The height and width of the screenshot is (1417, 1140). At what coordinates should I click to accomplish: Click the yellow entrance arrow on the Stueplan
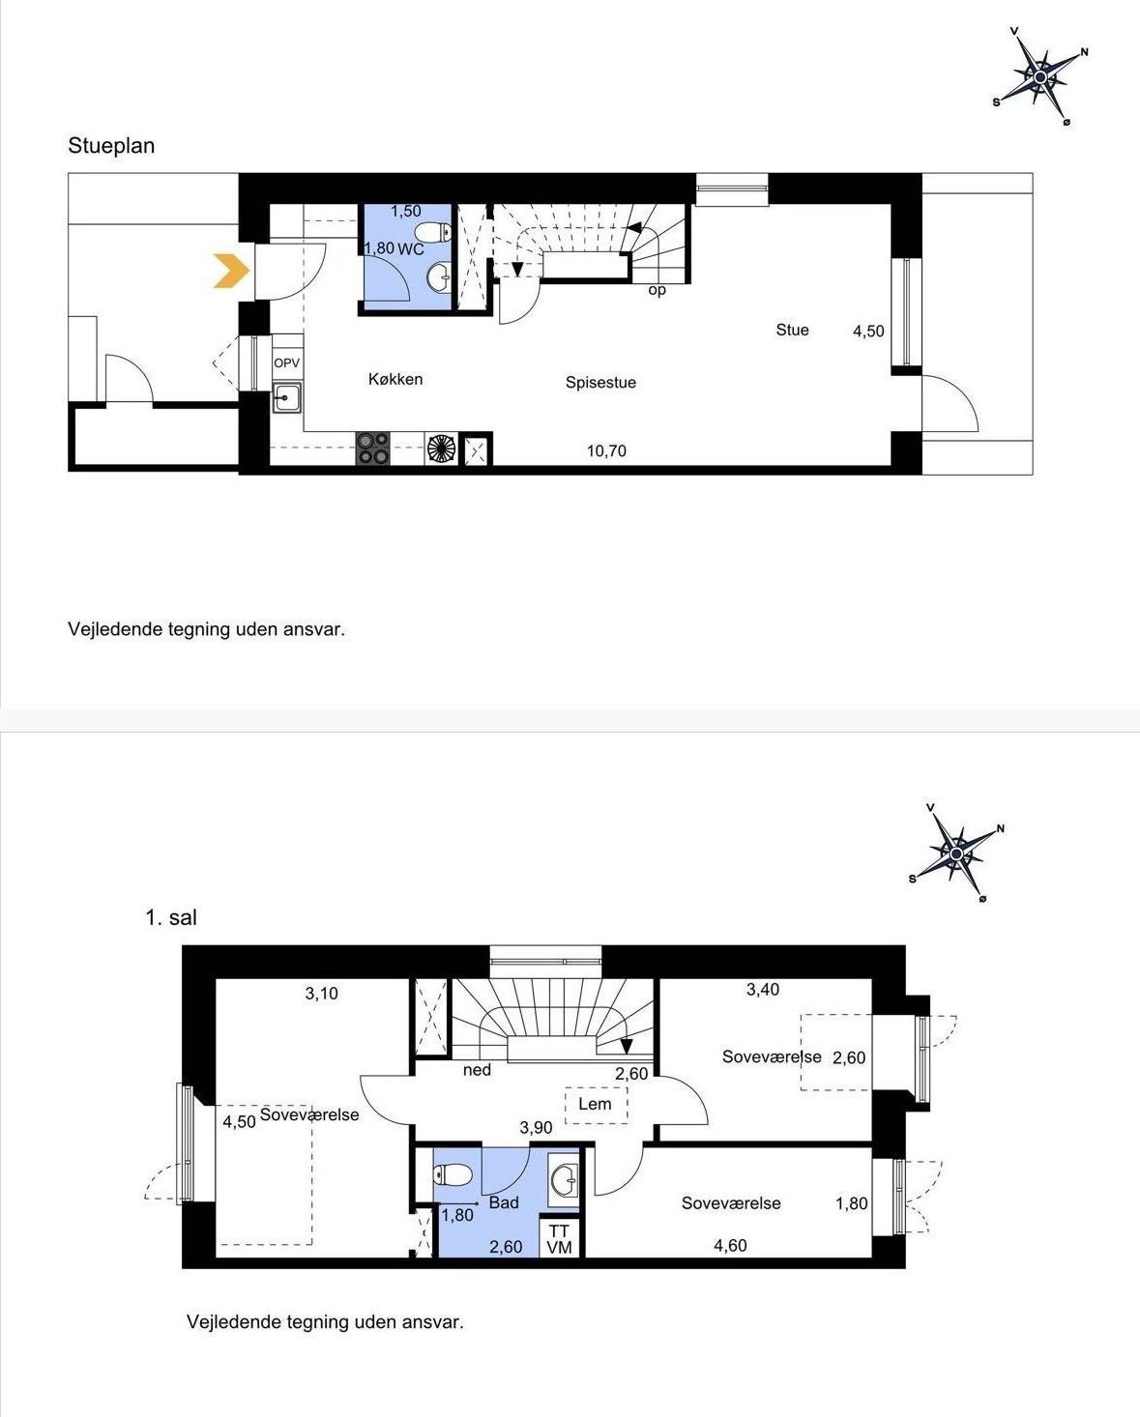[x=232, y=270]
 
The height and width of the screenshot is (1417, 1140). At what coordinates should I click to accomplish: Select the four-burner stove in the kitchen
[x=373, y=448]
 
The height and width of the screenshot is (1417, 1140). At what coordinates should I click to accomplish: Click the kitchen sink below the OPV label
[x=287, y=397]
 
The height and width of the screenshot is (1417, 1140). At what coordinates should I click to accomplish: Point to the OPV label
[x=286, y=362]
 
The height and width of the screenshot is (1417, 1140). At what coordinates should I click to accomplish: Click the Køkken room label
[x=395, y=379]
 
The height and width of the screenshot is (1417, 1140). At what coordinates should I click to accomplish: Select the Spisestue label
[x=601, y=383]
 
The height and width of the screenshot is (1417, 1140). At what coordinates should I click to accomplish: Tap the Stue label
[x=792, y=330]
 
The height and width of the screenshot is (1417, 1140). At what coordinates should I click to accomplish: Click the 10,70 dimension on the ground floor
[x=606, y=451]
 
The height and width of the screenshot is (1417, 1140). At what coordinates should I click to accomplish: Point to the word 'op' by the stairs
[x=657, y=290]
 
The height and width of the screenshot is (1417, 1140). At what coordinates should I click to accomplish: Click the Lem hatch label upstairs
[x=595, y=1104]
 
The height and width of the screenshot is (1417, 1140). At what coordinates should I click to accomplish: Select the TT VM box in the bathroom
[x=560, y=1239]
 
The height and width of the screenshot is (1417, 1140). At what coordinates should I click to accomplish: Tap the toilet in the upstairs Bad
[x=453, y=1174]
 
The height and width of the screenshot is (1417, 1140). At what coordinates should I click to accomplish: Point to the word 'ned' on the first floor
[x=477, y=1070]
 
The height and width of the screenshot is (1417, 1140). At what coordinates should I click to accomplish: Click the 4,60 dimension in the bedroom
[x=730, y=1246]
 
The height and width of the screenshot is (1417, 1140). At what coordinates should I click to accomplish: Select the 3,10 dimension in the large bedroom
[x=322, y=994]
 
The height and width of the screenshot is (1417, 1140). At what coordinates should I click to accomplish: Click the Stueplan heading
[x=111, y=146]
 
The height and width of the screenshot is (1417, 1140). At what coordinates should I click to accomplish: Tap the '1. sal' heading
[x=171, y=917]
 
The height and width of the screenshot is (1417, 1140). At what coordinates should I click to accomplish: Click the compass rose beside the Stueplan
[x=1040, y=77]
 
